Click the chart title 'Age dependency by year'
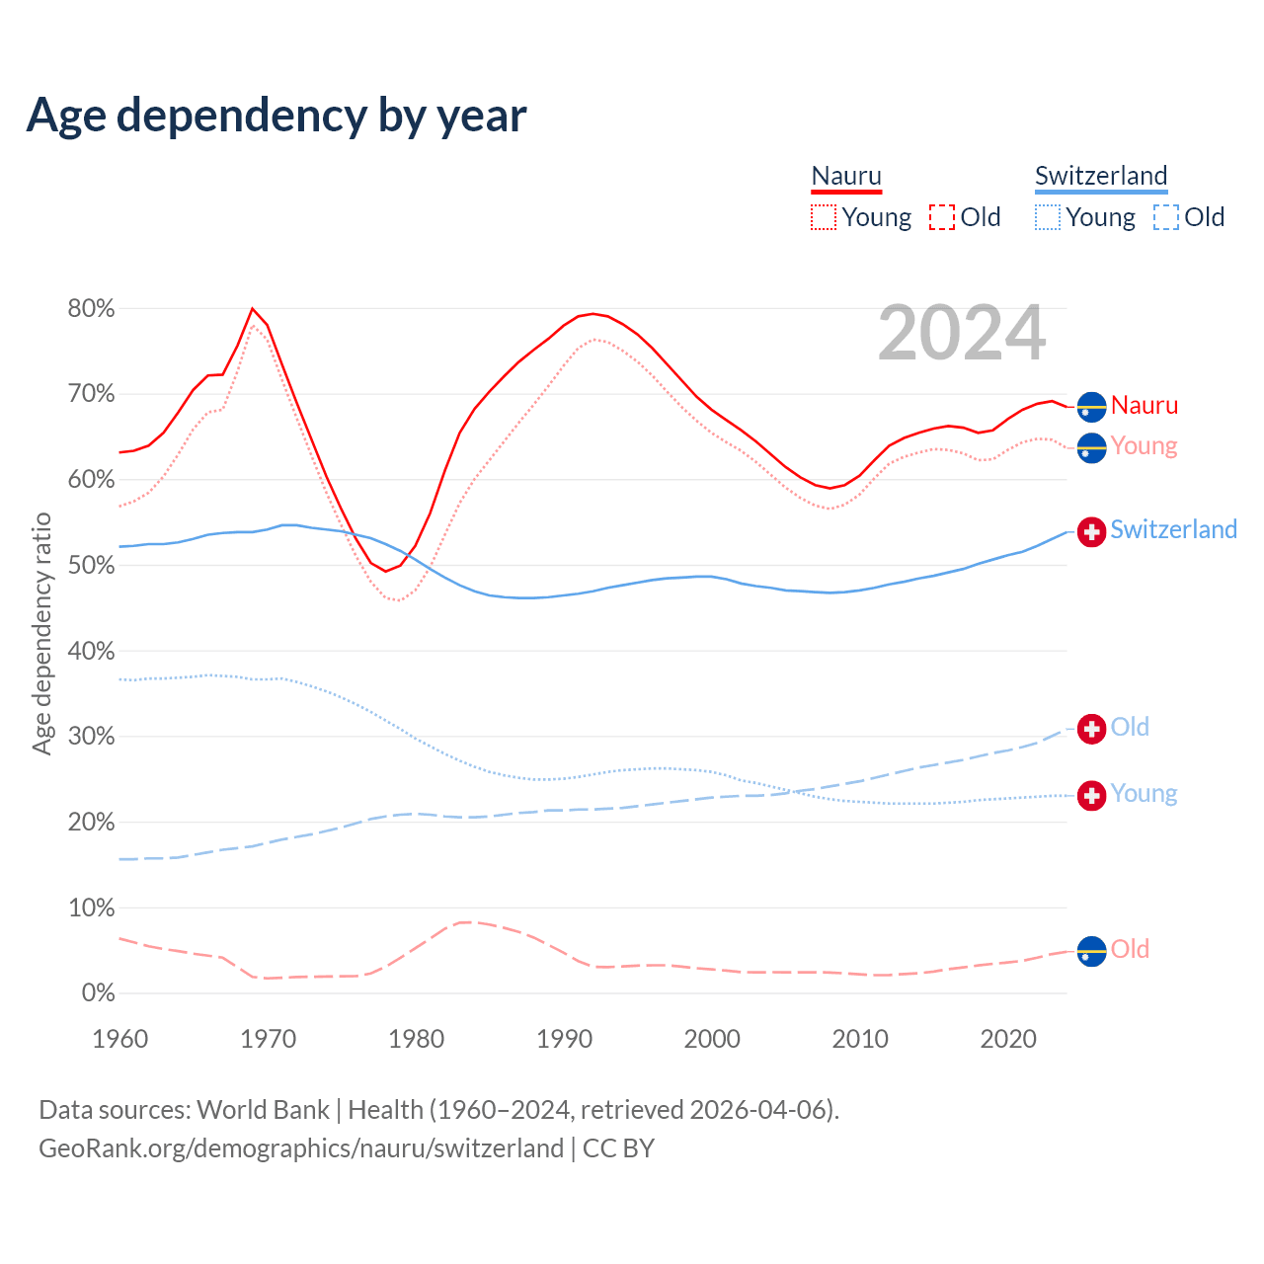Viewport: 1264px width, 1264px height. (276, 116)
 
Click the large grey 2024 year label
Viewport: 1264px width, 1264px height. (962, 334)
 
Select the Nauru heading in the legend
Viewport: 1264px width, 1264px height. (846, 176)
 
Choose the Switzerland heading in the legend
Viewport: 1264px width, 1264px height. (1101, 176)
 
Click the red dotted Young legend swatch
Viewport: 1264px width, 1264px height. (824, 217)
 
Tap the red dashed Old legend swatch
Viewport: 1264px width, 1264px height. (942, 217)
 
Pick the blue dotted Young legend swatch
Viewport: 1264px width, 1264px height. (1048, 217)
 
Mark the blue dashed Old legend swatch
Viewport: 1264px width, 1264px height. (1166, 217)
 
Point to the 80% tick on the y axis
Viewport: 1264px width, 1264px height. (91, 309)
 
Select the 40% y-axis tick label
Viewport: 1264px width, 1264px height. (91, 652)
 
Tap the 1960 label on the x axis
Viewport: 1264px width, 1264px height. (119, 1039)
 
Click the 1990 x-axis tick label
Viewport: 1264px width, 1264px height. (564, 1039)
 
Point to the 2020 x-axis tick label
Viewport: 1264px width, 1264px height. (1007, 1039)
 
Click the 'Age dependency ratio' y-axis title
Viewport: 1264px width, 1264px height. (41, 633)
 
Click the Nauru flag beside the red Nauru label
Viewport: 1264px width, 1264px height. (1091, 406)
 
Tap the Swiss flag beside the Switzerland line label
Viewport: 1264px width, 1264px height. (1091, 531)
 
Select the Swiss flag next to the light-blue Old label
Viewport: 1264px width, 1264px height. (1091, 729)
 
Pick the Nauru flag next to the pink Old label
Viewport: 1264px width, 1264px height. (1091, 951)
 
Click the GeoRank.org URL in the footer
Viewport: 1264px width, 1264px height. (301, 1148)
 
